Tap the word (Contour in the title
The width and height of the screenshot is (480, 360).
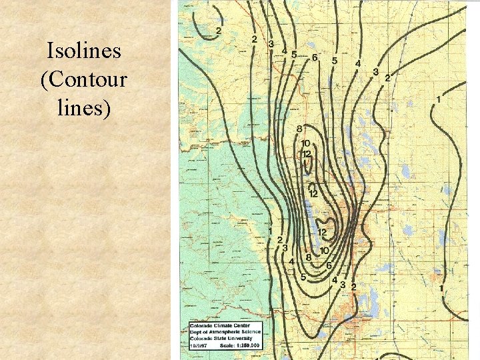(x=83, y=79)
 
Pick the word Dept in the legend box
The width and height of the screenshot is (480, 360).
(x=197, y=332)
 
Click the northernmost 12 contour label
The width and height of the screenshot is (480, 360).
(x=307, y=154)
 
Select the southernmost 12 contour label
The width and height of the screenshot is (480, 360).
(x=321, y=233)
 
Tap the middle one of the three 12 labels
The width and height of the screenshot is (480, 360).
(x=313, y=193)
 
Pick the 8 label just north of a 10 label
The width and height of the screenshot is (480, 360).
(x=299, y=128)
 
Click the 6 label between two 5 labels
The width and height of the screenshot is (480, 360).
(x=314, y=57)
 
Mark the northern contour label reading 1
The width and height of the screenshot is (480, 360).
(x=438, y=100)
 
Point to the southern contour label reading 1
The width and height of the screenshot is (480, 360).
(x=441, y=287)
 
